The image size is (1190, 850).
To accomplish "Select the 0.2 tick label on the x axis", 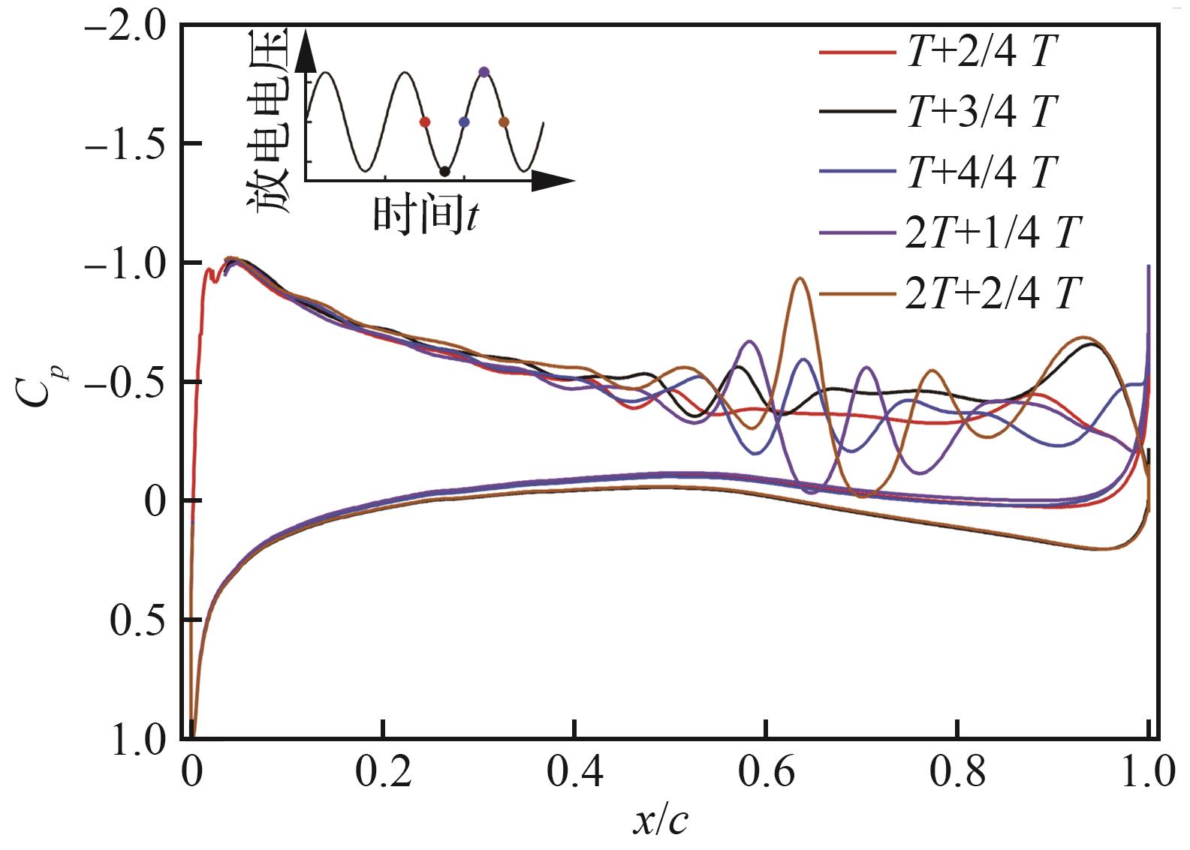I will coord(383,773).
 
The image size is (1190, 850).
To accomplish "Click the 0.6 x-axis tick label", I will coord(766,773).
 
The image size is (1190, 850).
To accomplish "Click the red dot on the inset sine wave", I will coord(424,122).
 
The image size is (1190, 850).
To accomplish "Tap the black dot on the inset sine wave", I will coord(444,172).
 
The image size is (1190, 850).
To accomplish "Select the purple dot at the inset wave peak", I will coord(484,72).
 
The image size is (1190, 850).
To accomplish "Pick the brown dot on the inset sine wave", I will coord(504,122).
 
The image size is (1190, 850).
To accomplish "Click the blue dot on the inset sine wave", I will coord(464,122).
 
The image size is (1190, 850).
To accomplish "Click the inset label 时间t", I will coord(426,215).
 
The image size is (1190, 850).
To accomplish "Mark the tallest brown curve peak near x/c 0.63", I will coord(800,278).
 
